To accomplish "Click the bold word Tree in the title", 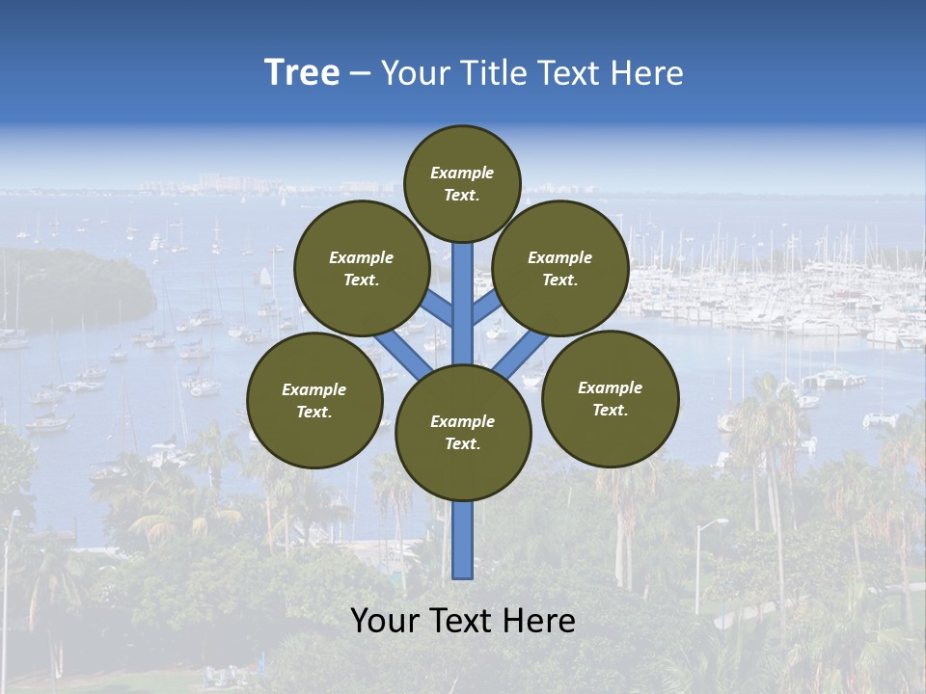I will [302, 73].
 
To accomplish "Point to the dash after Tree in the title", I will [360, 74].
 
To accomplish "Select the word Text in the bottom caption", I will [462, 621].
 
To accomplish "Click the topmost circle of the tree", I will [462, 183].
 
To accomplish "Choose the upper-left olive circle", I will [362, 268].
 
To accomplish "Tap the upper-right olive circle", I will [560, 268].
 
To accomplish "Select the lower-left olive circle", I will [314, 400].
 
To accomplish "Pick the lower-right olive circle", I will [611, 398].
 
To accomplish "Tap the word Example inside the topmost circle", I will [462, 173].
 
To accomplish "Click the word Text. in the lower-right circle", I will [611, 410].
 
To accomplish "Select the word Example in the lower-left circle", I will [314, 389].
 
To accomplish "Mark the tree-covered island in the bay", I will [77, 284].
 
